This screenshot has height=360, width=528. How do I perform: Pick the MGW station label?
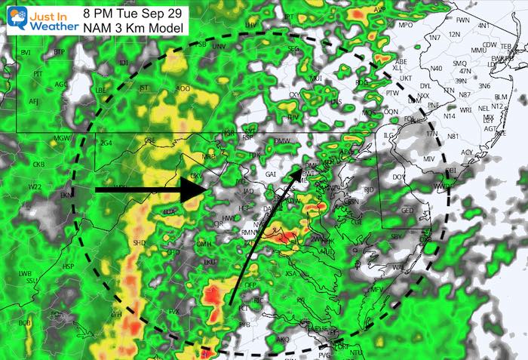coord(62,139)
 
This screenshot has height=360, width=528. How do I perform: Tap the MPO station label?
coord(406,25)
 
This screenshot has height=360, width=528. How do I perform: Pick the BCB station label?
coord(25,323)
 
